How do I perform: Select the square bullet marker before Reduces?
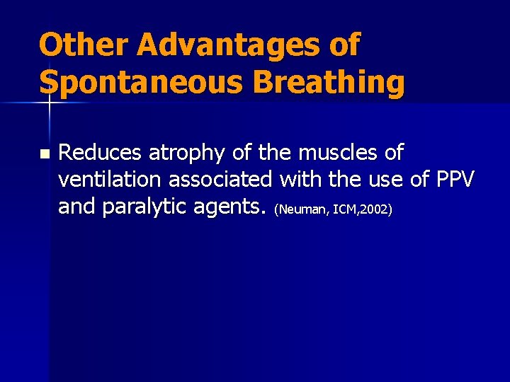[44, 154]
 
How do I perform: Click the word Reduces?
[101, 152]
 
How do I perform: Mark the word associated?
[221, 180]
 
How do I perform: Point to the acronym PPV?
[454, 180]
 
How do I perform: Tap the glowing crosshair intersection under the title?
[50, 103]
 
